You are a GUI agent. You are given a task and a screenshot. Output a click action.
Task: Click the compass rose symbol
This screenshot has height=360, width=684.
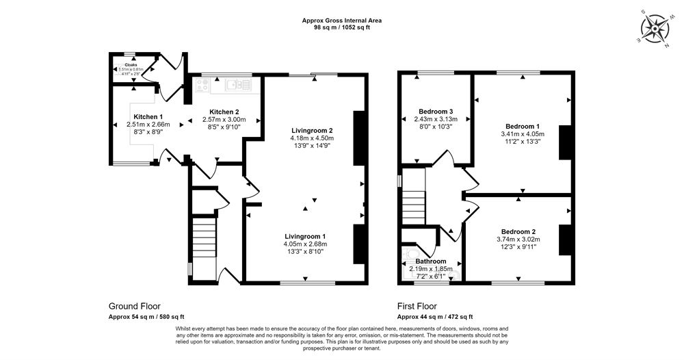coord(657,28)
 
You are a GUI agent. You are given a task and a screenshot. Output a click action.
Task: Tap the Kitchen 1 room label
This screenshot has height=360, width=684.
coord(148,116)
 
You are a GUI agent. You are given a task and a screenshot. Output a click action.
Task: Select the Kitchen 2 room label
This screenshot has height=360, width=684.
coord(224,112)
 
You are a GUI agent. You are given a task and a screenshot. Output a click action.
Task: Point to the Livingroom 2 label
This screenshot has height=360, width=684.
coord(311,130)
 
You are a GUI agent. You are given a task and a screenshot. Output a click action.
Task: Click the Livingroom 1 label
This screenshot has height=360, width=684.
coord(306,236)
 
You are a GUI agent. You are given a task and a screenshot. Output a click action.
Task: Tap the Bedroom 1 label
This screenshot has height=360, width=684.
coord(523,126)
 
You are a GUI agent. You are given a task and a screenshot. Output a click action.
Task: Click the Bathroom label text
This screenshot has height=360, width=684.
coord(431,261)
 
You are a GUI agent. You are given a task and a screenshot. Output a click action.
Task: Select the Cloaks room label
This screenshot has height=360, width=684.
coord(131,64)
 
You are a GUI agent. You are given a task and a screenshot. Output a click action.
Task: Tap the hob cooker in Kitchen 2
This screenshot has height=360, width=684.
coord(203,85)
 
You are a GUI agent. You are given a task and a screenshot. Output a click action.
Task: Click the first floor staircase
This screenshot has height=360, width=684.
coord(413,201)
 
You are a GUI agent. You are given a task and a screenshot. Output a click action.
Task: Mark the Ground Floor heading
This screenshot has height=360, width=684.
coord(135,306)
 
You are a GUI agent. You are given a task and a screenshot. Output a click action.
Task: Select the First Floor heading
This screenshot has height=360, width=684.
coord(417,306)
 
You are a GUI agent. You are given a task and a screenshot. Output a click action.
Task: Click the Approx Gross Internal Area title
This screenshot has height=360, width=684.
coord(342,21)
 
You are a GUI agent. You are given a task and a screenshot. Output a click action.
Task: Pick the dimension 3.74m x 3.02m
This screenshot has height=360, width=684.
coord(518,240)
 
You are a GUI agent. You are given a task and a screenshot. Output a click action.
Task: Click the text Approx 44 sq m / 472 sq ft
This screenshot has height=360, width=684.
coord(435,317)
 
